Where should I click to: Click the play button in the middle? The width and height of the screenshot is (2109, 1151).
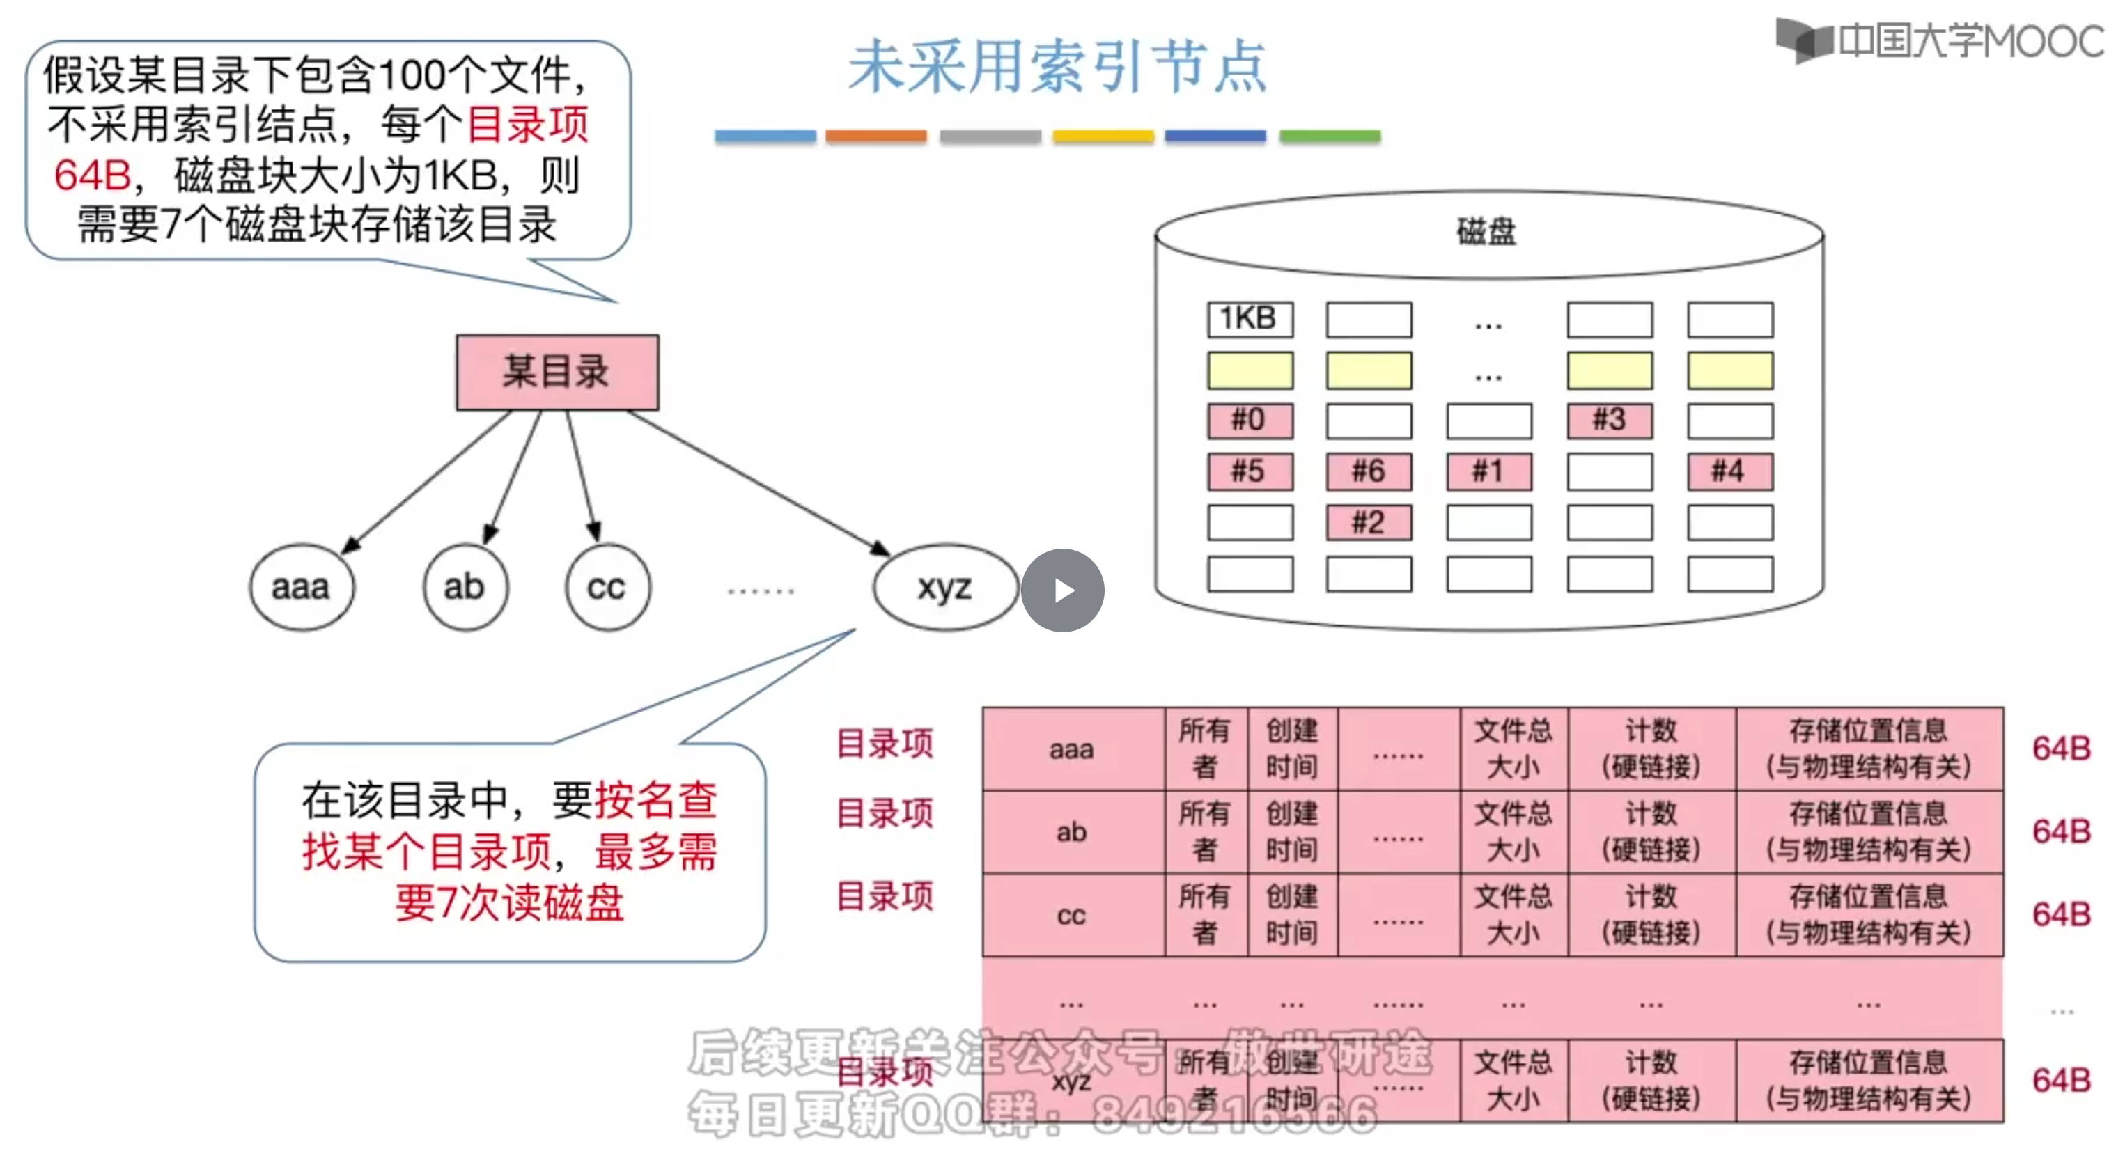pyautogui.click(x=1062, y=589)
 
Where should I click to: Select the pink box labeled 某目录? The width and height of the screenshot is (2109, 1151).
pyautogui.click(x=557, y=372)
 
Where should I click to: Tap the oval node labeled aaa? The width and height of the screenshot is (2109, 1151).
pyautogui.click(x=302, y=587)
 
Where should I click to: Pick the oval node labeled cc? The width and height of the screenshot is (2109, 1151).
pyautogui.click(x=607, y=587)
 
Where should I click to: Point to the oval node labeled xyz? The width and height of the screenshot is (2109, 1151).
pyautogui.click(x=944, y=587)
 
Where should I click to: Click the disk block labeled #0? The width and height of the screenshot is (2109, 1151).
pyautogui.click(x=1250, y=421)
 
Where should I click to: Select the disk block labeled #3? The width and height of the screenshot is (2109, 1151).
pyautogui.click(x=1609, y=421)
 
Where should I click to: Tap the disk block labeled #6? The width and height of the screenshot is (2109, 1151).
pyautogui.click(x=1368, y=471)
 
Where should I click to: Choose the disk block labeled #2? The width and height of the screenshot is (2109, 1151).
pyautogui.click(x=1368, y=522)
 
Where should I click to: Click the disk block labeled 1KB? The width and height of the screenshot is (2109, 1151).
pyautogui.click(x=1250, y=318)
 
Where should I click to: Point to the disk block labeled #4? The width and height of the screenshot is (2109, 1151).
pyautogui.click(x=1729, y=471)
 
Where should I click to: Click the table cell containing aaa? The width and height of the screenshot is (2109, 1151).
pyautogui.click(x=1073, y=749)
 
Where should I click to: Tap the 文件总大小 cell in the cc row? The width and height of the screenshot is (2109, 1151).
pyautogui.click(x=1513, y=915)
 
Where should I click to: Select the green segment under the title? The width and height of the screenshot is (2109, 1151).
pyautogui.click(x=1330, y=136)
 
